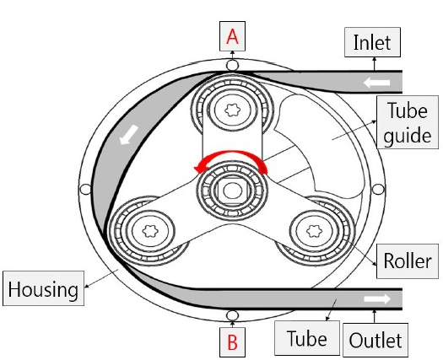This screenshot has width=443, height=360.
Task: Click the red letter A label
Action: (232, 36)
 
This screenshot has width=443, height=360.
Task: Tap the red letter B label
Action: (232, 342)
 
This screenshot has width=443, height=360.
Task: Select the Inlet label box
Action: (372, 42)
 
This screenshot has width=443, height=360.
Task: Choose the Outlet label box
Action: (375, 340)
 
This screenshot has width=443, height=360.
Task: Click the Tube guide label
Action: (408, 122)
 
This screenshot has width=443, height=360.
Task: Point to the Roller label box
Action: (408, 261)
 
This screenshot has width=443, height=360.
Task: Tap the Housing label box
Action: (44, 288)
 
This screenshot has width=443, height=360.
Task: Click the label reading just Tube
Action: (307, 338)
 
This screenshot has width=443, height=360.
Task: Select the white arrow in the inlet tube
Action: (376, 83)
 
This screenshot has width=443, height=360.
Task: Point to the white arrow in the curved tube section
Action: (129, 135)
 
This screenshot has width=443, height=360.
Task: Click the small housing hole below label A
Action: (232, 66)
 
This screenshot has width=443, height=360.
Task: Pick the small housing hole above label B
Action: (232, 315)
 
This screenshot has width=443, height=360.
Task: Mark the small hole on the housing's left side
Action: (85, 189)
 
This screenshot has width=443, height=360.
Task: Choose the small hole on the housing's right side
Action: (378, 189)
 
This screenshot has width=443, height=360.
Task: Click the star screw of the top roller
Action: (232, 110)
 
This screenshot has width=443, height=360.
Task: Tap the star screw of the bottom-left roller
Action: (150, 231)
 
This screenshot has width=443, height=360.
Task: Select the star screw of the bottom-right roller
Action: (314, 231)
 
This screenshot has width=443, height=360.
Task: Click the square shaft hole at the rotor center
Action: (232, 191)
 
